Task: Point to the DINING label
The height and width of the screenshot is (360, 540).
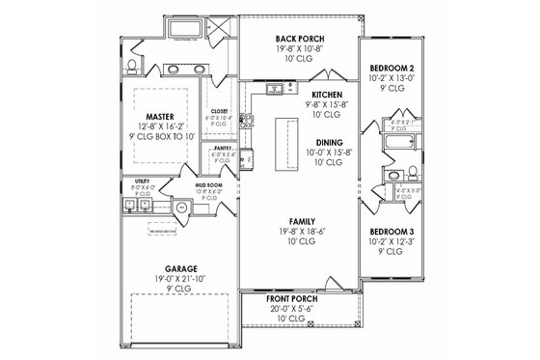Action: pyautogui.click(x=318, y=142)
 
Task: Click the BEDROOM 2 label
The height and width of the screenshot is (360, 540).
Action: pyautogui.click(x=391, y=69)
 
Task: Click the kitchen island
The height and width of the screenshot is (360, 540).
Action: pyautogui.click(x=285, y=141)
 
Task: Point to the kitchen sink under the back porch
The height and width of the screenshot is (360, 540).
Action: pyautogui.click(x=275, y=90)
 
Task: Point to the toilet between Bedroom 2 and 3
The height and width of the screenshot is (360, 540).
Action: pyautogui.click(x=409, y=177)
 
